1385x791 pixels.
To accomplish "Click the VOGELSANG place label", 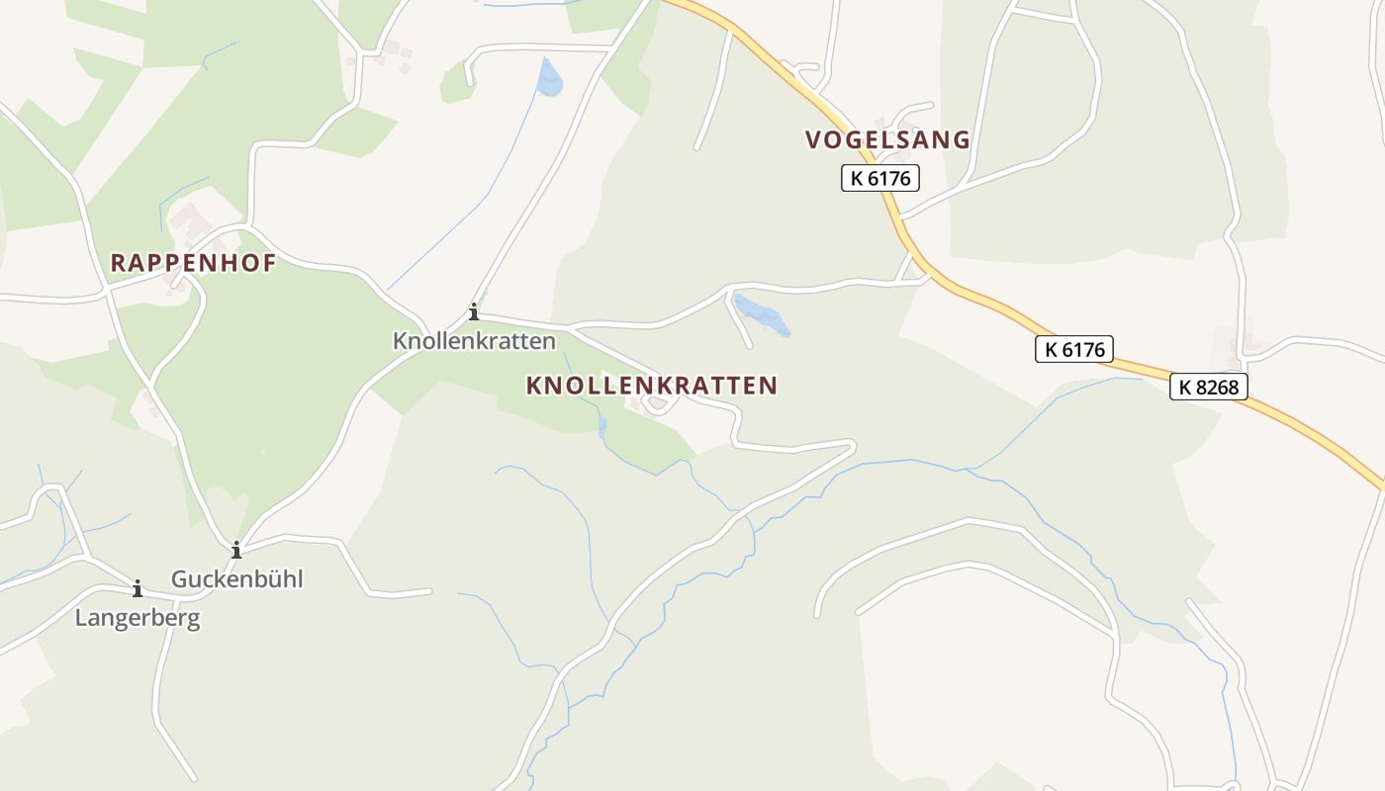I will (887, 140).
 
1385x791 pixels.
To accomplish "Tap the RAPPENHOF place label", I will (193, 263).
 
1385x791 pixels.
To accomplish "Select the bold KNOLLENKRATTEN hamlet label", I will (652, 386).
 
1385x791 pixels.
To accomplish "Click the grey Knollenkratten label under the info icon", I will (474, 341).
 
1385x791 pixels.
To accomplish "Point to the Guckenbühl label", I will (237, 579).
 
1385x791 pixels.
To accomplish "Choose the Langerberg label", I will (138, 619).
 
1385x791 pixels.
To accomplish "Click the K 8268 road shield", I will (1209, 387).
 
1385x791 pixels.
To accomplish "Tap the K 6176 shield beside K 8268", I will (1074, 349).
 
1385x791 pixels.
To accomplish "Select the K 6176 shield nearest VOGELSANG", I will (880, 179).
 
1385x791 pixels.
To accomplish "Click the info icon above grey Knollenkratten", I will (474, 312).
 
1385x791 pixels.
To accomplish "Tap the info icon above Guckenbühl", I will (236, 551).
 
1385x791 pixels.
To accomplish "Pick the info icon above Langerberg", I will (138, 589).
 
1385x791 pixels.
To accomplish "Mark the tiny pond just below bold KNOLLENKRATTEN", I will (601, 426).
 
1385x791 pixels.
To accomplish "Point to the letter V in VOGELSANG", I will (814, 140).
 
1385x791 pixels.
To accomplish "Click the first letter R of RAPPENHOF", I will (118, 263).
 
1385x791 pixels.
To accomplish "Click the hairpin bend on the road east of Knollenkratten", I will (851, 447).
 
